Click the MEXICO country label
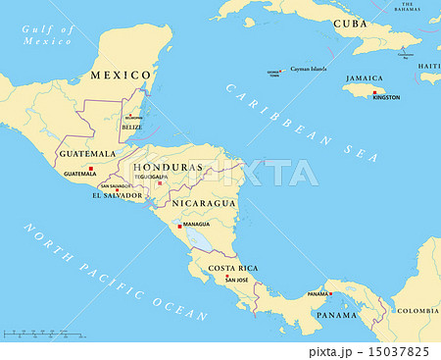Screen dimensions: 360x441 tap(121, 75)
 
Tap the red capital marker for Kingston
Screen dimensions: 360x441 tap(373, 92)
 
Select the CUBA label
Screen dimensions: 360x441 tap(350, 23)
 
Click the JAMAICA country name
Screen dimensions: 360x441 tap(364, 77)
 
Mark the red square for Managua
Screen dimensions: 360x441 tap(178, 224)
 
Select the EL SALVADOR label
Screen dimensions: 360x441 tap(117, 195)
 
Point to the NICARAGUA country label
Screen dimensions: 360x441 tap(204, 203)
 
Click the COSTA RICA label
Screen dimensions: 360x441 tap(233, 268)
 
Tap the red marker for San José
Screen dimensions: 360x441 tap(227, 278)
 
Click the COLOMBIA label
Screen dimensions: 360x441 tap(417, 310)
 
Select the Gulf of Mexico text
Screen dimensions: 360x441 tap(48, 35)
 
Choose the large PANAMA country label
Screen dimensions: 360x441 tap(336, 315)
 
